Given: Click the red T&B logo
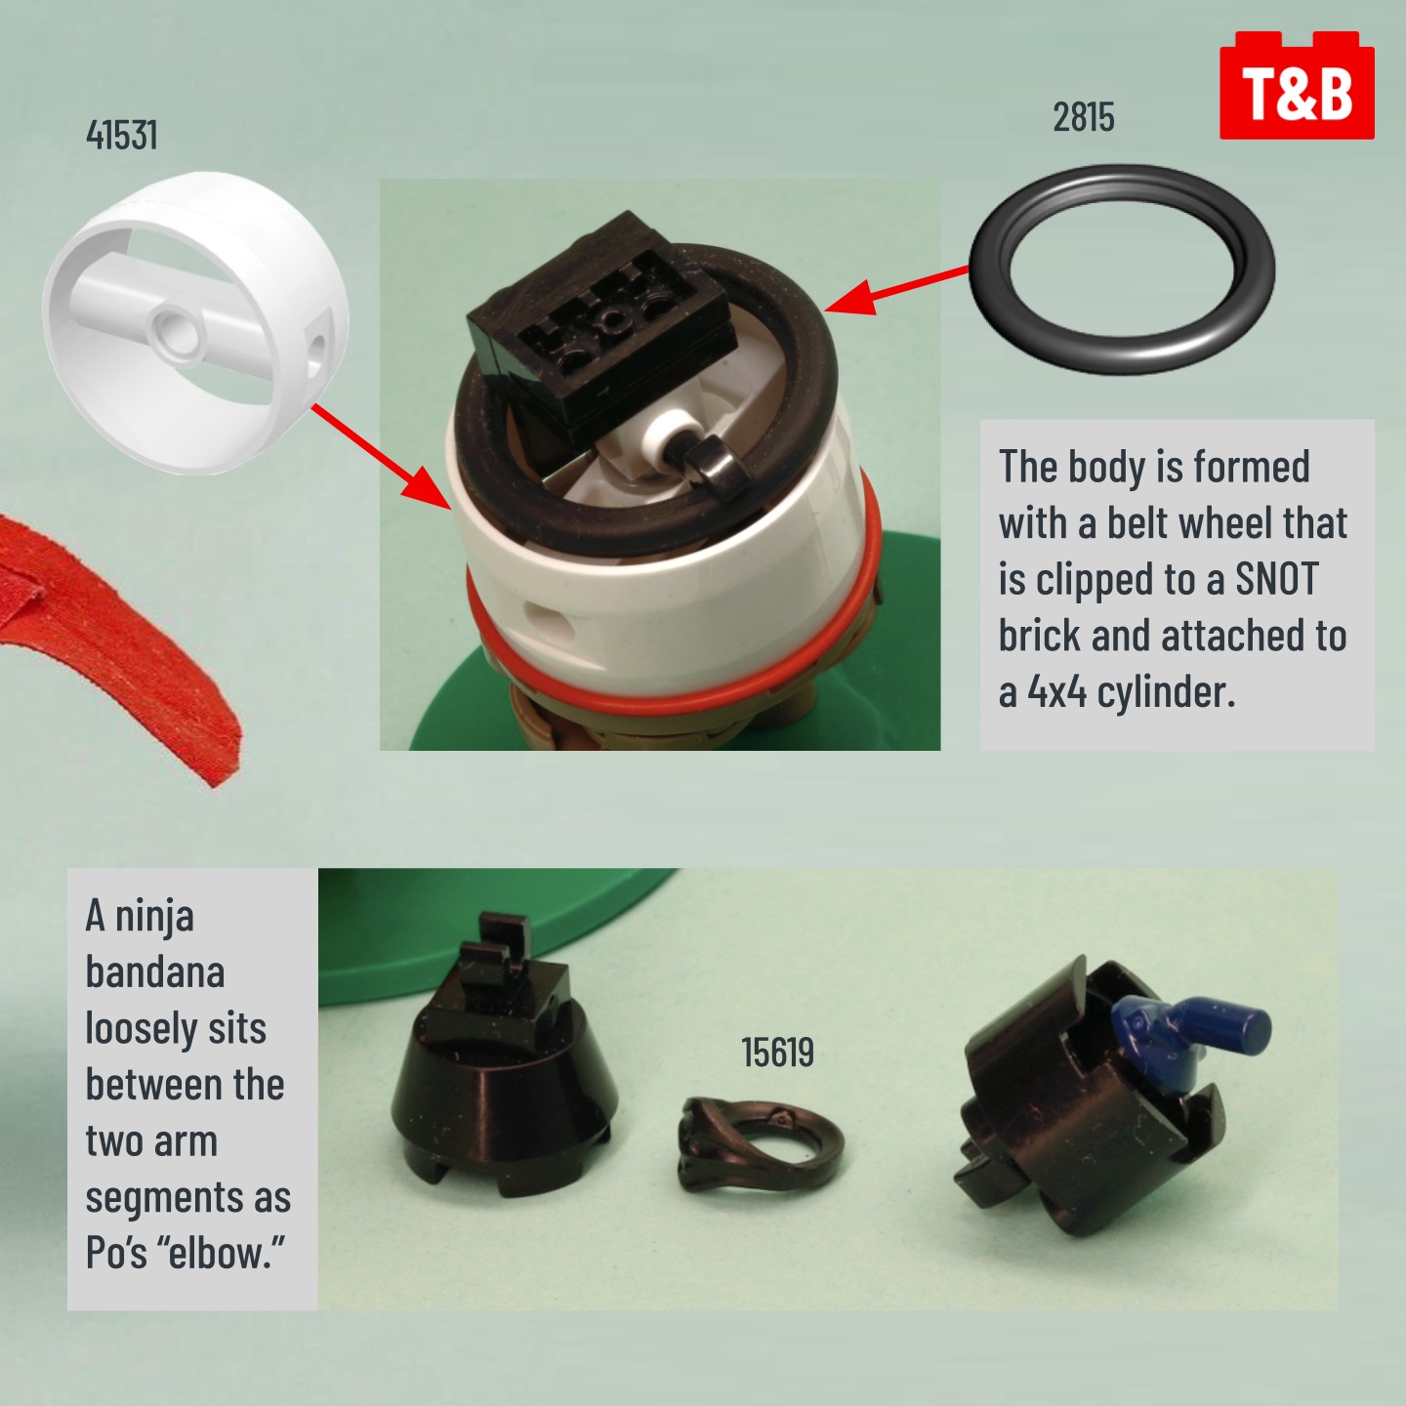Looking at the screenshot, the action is [x=1297, y=85].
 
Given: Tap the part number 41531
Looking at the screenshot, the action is [x=121, y=135].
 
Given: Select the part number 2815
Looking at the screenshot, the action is [x=1084, y=117].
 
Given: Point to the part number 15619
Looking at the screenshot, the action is [x=777, y=1053].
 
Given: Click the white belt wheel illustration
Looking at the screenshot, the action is [x=195, y=322].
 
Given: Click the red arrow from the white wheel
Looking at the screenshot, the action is [x=381, y=456].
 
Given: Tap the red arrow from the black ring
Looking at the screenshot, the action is [x=897, y=290].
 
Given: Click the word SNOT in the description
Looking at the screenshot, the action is [x=1277, y=579].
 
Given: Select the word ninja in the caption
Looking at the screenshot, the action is [x=154, y=917].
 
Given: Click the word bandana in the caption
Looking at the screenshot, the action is [x=155, y=972].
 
